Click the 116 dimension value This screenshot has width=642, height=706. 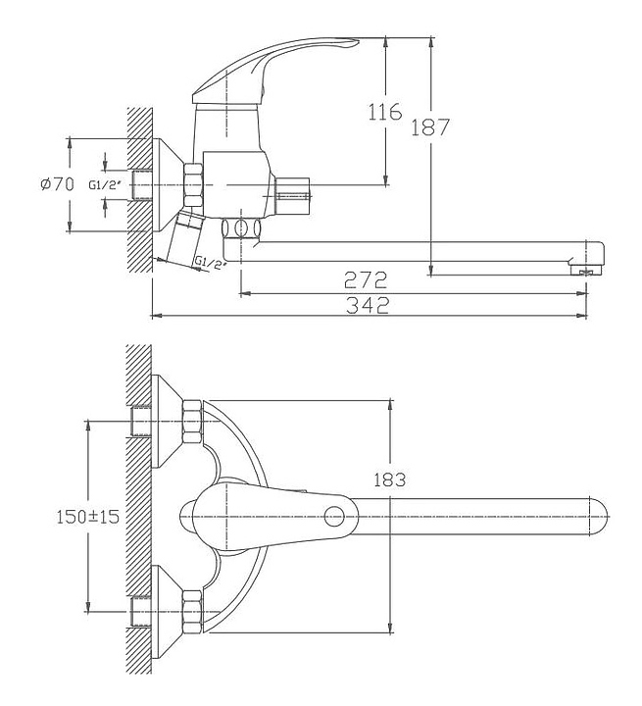pos(385,111)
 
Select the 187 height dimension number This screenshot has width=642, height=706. pos(430,126)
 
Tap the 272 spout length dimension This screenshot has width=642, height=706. pos(366,280)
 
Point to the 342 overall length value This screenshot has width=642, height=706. pos(368,306)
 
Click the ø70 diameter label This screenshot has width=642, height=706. pos(57,184)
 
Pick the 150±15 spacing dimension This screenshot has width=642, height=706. pos(88,516)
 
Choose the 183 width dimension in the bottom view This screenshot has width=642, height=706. pos(390,479)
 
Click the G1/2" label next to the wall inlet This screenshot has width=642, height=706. pos(105,184)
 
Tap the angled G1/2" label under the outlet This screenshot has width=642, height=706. pos(210,264)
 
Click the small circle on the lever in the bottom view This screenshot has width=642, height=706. pos(334,516)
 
